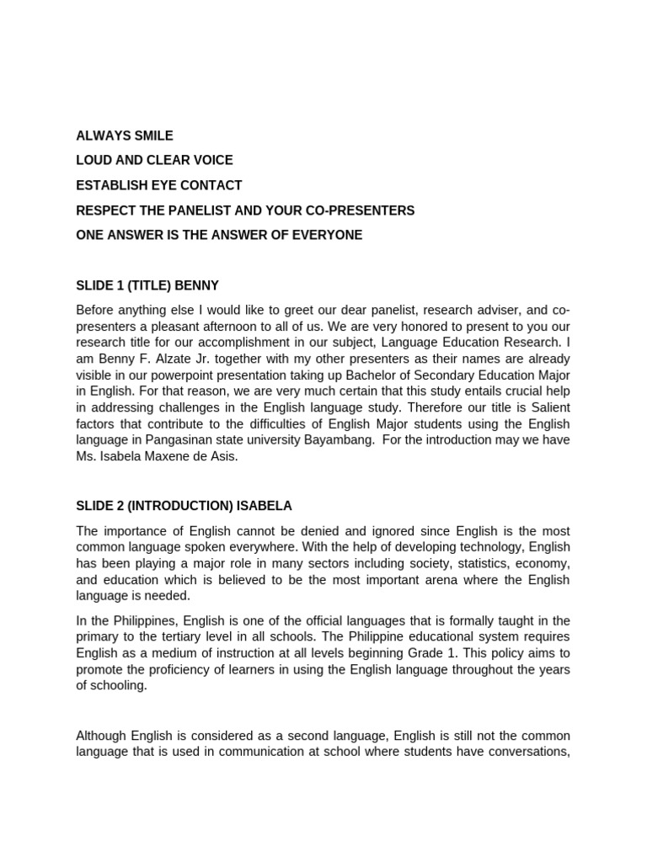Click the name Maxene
[173, 456]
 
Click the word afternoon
[242, 326]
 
